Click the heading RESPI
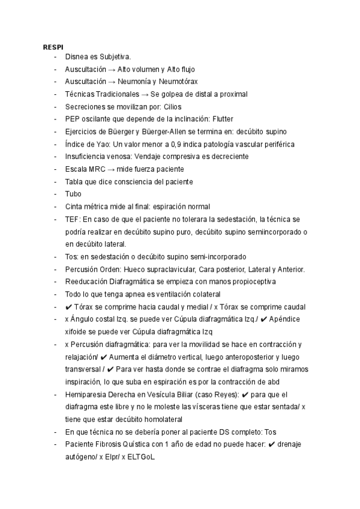[53, 47]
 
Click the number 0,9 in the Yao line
[162, 144]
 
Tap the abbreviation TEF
[72, 219]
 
